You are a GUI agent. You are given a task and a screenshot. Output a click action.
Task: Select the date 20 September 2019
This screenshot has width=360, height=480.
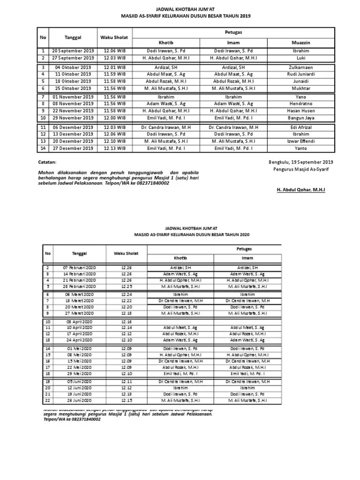tap(73, 51)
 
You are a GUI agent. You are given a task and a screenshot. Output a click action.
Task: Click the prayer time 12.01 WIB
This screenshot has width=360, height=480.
tap(115, 67)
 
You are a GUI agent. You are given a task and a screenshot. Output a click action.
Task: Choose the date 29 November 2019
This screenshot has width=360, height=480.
tap(73, 118)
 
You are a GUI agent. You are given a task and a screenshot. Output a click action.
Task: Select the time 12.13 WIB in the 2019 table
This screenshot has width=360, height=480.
tap(115, 148)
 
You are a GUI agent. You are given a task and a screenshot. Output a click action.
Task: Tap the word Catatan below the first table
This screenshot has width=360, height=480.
tap(47, 162)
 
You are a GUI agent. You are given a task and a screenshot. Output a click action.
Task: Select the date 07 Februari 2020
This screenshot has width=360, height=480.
tap(80, 267)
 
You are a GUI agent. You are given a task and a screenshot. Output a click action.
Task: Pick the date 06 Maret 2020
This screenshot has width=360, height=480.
tap(80, 294)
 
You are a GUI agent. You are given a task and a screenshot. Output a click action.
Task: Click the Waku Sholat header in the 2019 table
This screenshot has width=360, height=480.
tap(115, 37)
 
